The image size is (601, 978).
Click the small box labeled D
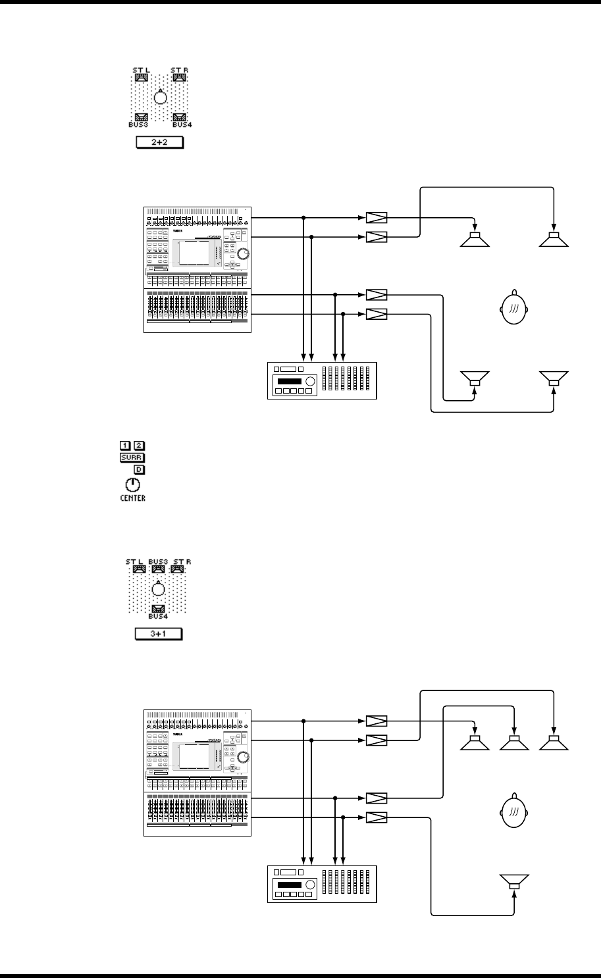[x=140, y=470]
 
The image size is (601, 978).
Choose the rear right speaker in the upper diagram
[x=554, y=379]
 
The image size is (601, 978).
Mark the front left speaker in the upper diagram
[x=475, y=240]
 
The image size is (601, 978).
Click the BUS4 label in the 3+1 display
[x=158, y=617]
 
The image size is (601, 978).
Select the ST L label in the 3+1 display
[x=135, y=561]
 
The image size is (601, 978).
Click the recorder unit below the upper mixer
[x=322, y=380]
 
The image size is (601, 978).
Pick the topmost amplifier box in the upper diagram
[x=376, y=218]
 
